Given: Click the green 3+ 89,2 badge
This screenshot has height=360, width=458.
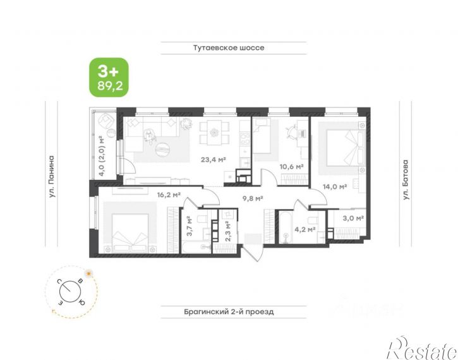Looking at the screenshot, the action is [109, 78].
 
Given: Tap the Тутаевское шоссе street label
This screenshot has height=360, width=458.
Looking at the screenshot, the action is [229, 47].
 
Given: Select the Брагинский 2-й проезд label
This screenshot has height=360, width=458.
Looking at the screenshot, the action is [229, 312].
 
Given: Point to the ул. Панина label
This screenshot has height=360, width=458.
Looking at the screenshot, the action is [52, 177].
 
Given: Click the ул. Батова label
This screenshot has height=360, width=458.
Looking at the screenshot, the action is [406, 179].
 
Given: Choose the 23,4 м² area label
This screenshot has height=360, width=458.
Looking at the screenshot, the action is [214, 159].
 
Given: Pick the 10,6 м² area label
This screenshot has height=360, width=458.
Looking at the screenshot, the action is [291, 167].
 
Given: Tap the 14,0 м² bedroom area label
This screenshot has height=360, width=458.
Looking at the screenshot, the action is [335, 186].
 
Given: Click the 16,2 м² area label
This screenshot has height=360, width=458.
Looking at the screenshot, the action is [169, 195].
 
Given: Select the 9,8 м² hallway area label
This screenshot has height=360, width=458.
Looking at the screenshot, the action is [253, 198].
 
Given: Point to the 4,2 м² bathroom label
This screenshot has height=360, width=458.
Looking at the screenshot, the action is [305, 229].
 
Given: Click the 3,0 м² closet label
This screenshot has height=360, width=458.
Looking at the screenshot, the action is [353, 218].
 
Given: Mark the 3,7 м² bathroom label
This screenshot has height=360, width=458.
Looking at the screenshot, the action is [190, 226].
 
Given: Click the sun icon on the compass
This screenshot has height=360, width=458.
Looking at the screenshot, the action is [88, 274].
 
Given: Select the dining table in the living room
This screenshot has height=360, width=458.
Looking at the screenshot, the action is [214, 133].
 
